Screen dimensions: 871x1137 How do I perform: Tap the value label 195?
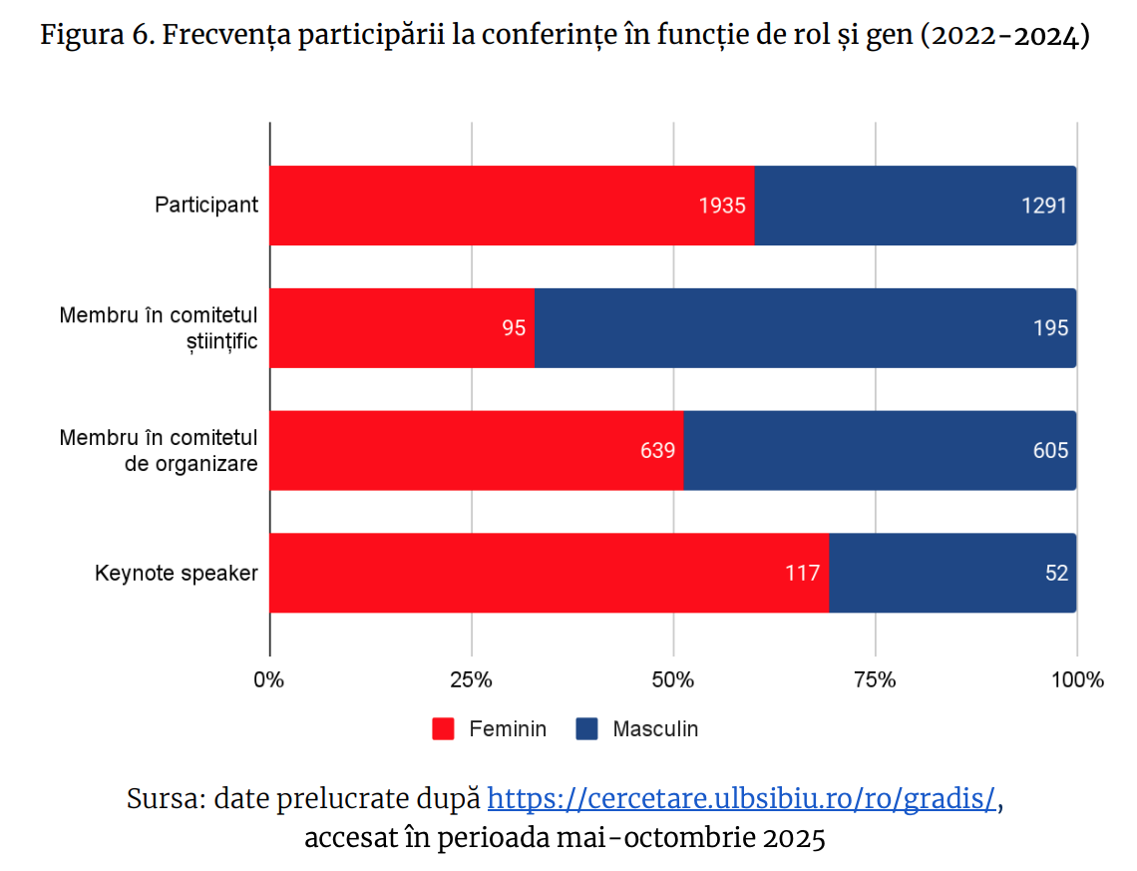coord(1050,328)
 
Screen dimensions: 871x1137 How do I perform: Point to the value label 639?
coord(657,451)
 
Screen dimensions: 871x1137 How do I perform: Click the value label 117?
coord(802,573)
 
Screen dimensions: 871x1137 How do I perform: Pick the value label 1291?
coord(1044,206)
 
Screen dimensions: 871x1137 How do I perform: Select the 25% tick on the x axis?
coord(472,680)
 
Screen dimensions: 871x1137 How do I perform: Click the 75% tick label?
coord(875,680)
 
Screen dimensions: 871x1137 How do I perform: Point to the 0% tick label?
coord(269,680)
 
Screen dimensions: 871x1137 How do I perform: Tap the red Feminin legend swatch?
coord(443,728)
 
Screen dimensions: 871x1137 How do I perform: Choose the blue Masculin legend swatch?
coord(586,728)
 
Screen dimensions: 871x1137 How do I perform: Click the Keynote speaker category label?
coord(177,574)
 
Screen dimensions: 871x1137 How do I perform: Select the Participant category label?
coord(206,206)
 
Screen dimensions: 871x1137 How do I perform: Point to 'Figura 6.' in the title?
coord(96,38)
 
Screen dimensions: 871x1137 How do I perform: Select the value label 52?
coord(1056,573)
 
